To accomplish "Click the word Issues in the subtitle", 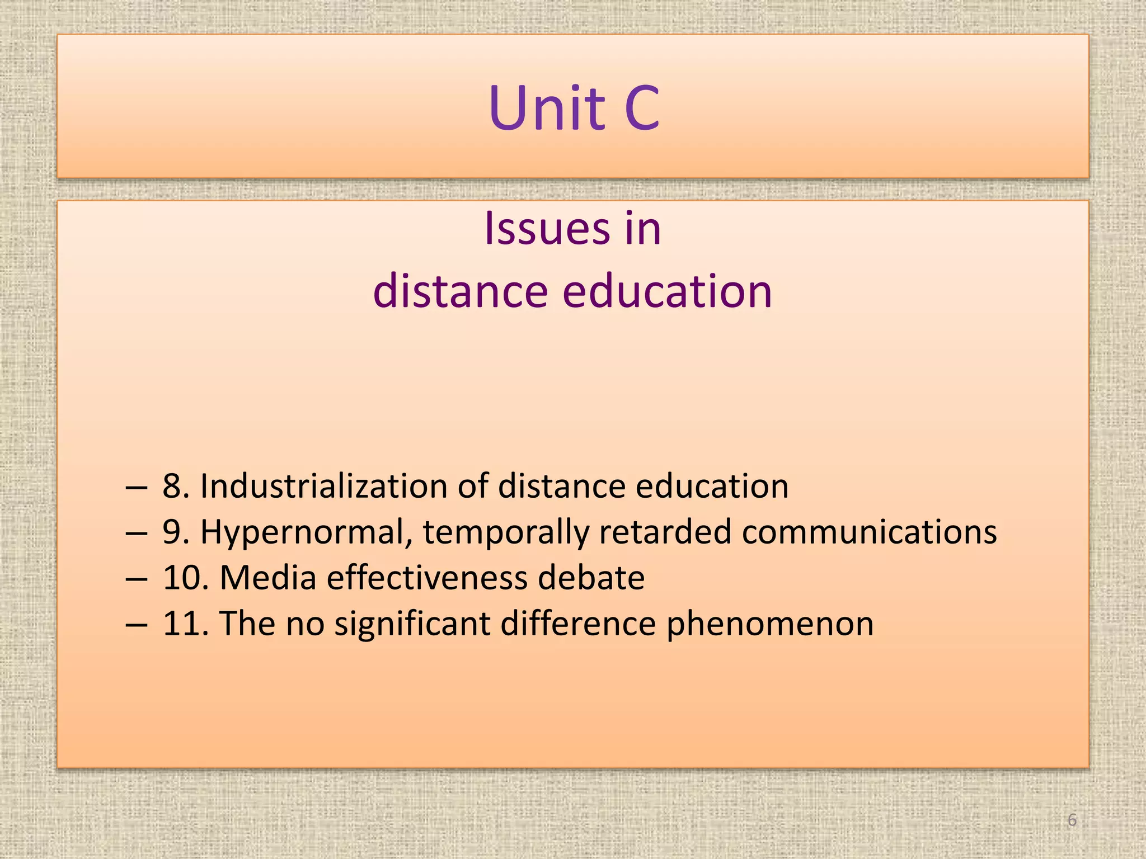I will (x=547, y=229).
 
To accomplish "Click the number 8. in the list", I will (x=176, y=486).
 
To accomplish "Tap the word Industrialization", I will (x=323, y=486).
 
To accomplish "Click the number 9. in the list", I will (x=176, y=532).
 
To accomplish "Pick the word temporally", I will (x=505, y=532).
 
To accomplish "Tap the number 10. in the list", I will (x=185, y=578).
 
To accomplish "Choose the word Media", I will (x=267, y=578).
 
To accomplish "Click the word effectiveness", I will (x=427, y=578).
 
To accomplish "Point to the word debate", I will (x=591, y=578).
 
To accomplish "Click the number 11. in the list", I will (x=185, y=624).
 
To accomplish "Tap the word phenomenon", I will (x=769, y=624).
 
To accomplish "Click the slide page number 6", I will (x=1072, y=820).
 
